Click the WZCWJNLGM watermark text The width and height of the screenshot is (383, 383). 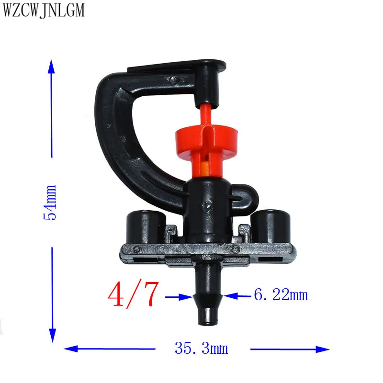tap(44, 10)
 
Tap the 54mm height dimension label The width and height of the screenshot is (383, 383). tap(50, 203)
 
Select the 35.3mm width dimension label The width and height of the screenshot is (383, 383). tap(201, 348)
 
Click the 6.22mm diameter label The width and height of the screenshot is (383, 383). tap(281, 294)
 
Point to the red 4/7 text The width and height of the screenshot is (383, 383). tap(134, 294)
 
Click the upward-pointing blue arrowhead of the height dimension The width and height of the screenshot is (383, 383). tap(51, 66)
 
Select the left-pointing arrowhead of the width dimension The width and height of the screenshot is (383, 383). tap(71, 349)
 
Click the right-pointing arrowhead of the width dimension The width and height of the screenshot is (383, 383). tap(322, 349)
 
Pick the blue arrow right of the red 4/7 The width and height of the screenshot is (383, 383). tap(179, 297)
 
